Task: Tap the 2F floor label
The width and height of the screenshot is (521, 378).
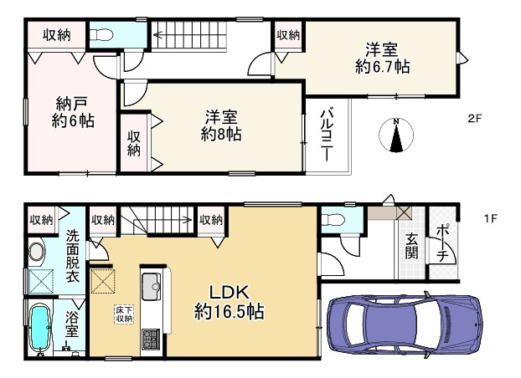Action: point(474,119)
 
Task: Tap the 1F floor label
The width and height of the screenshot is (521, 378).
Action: point(491,219)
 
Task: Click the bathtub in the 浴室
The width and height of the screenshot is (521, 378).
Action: point(40,329)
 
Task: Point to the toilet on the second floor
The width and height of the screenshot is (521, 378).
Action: point(101,35)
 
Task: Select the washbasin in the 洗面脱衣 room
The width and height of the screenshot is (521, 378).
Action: point(38,251)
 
